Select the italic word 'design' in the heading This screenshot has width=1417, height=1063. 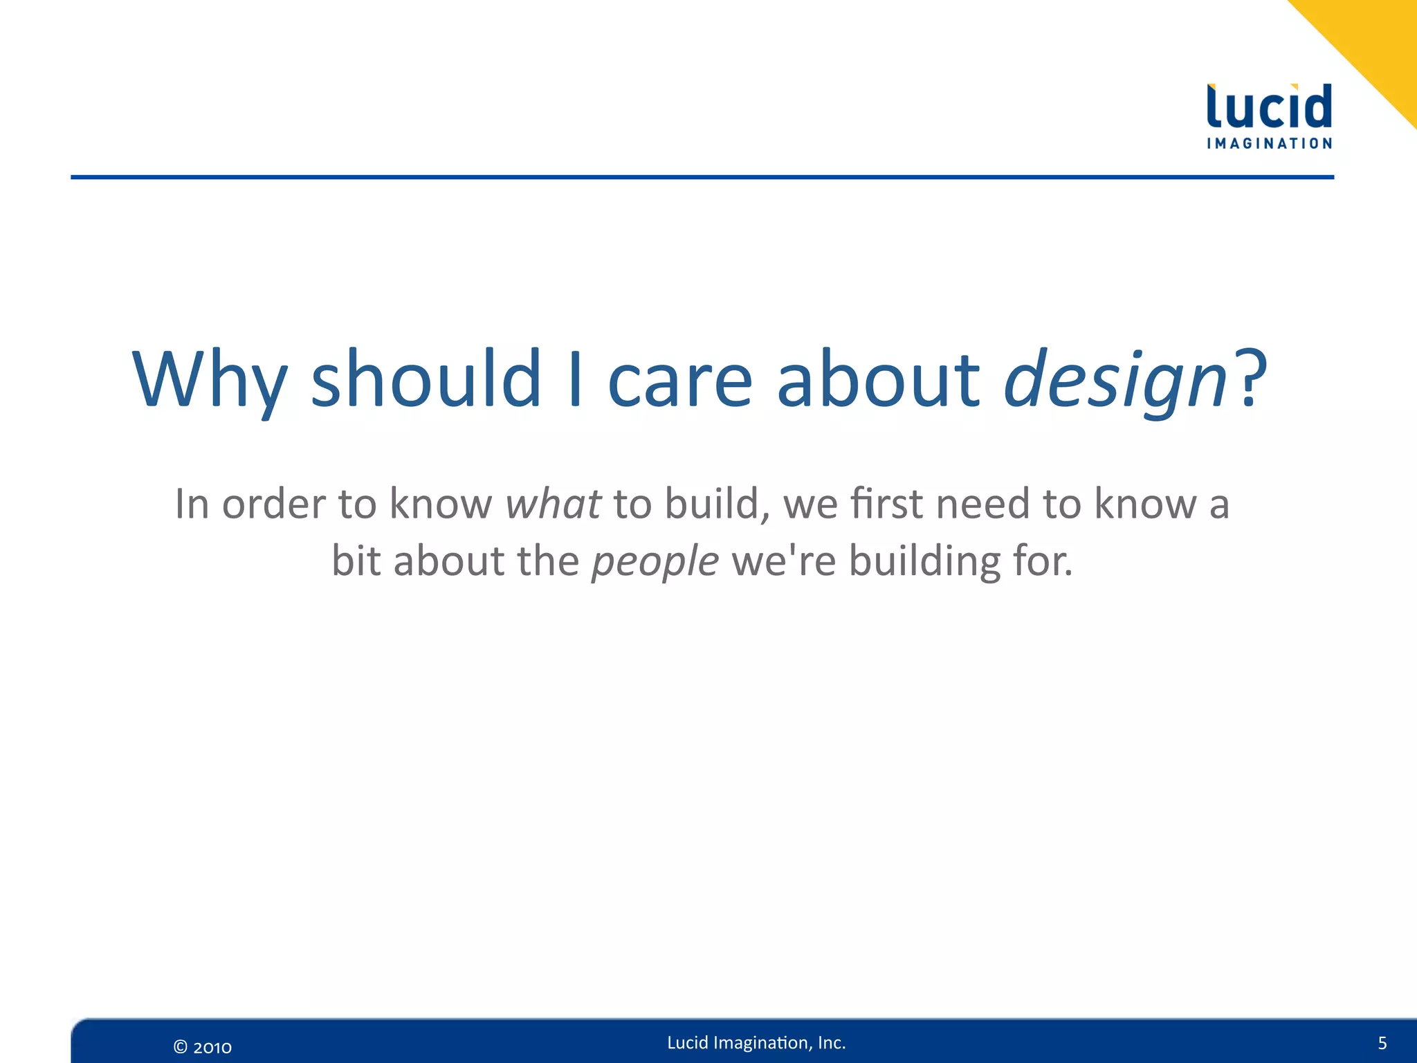tap(1115, 379)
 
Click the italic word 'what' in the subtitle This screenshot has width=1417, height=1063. tap(553, 504)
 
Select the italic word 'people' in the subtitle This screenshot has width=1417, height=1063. tap(655, 561)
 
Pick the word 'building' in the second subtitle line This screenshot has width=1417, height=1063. tap(924, 561)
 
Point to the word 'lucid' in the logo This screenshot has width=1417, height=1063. tap(1269, 107)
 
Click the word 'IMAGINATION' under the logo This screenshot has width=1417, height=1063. tap(1269, 144)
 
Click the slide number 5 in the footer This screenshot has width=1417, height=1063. tap(1382, 1043)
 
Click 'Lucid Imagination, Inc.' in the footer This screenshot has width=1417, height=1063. tap(756, 1042)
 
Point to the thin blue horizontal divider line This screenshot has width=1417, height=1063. tap(702, 177)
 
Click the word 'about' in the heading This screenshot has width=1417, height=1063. tap(877, 379)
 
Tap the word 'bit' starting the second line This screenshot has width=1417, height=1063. tap(356, 561)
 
